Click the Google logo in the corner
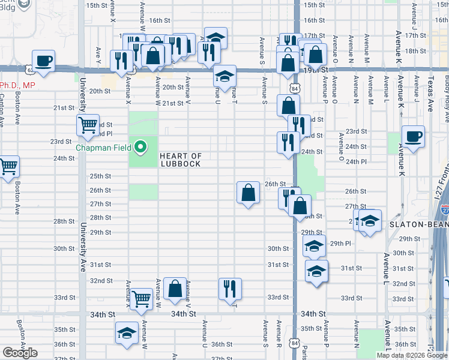click(x=20, y=353)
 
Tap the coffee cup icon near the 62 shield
click(x=44, y=61)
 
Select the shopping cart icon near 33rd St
click(x=141, y=297)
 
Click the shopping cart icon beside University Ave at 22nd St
click(x=88, y=125)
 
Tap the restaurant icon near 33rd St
click(x=231, y=288)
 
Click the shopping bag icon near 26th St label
click(x=248, y=193)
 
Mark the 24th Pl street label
click(x=355, y=161)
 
